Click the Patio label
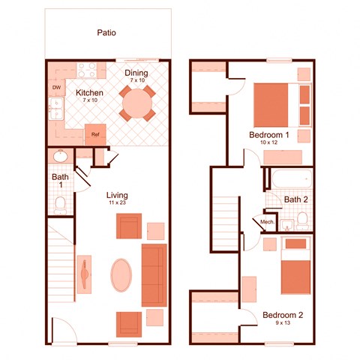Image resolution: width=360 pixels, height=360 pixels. pyautogui.click(x=106, y=33)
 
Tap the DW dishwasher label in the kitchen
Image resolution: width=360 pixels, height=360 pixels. pyautogui.click(x=56, y=88)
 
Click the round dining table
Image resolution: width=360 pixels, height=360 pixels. pyautogui.click(x=137, y=103)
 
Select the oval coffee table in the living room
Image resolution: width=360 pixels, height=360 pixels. pyautogui.click(x=121, y=274)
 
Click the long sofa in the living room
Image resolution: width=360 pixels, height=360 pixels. pyautogui.click(x=154, y=274)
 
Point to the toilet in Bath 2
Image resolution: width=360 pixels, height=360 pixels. pyautogui.click(x=301, y=220)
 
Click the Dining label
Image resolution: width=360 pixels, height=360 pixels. pyautogui.click(x=137, y=73)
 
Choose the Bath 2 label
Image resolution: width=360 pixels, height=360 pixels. pyautogui.click(x=297, y=199)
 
